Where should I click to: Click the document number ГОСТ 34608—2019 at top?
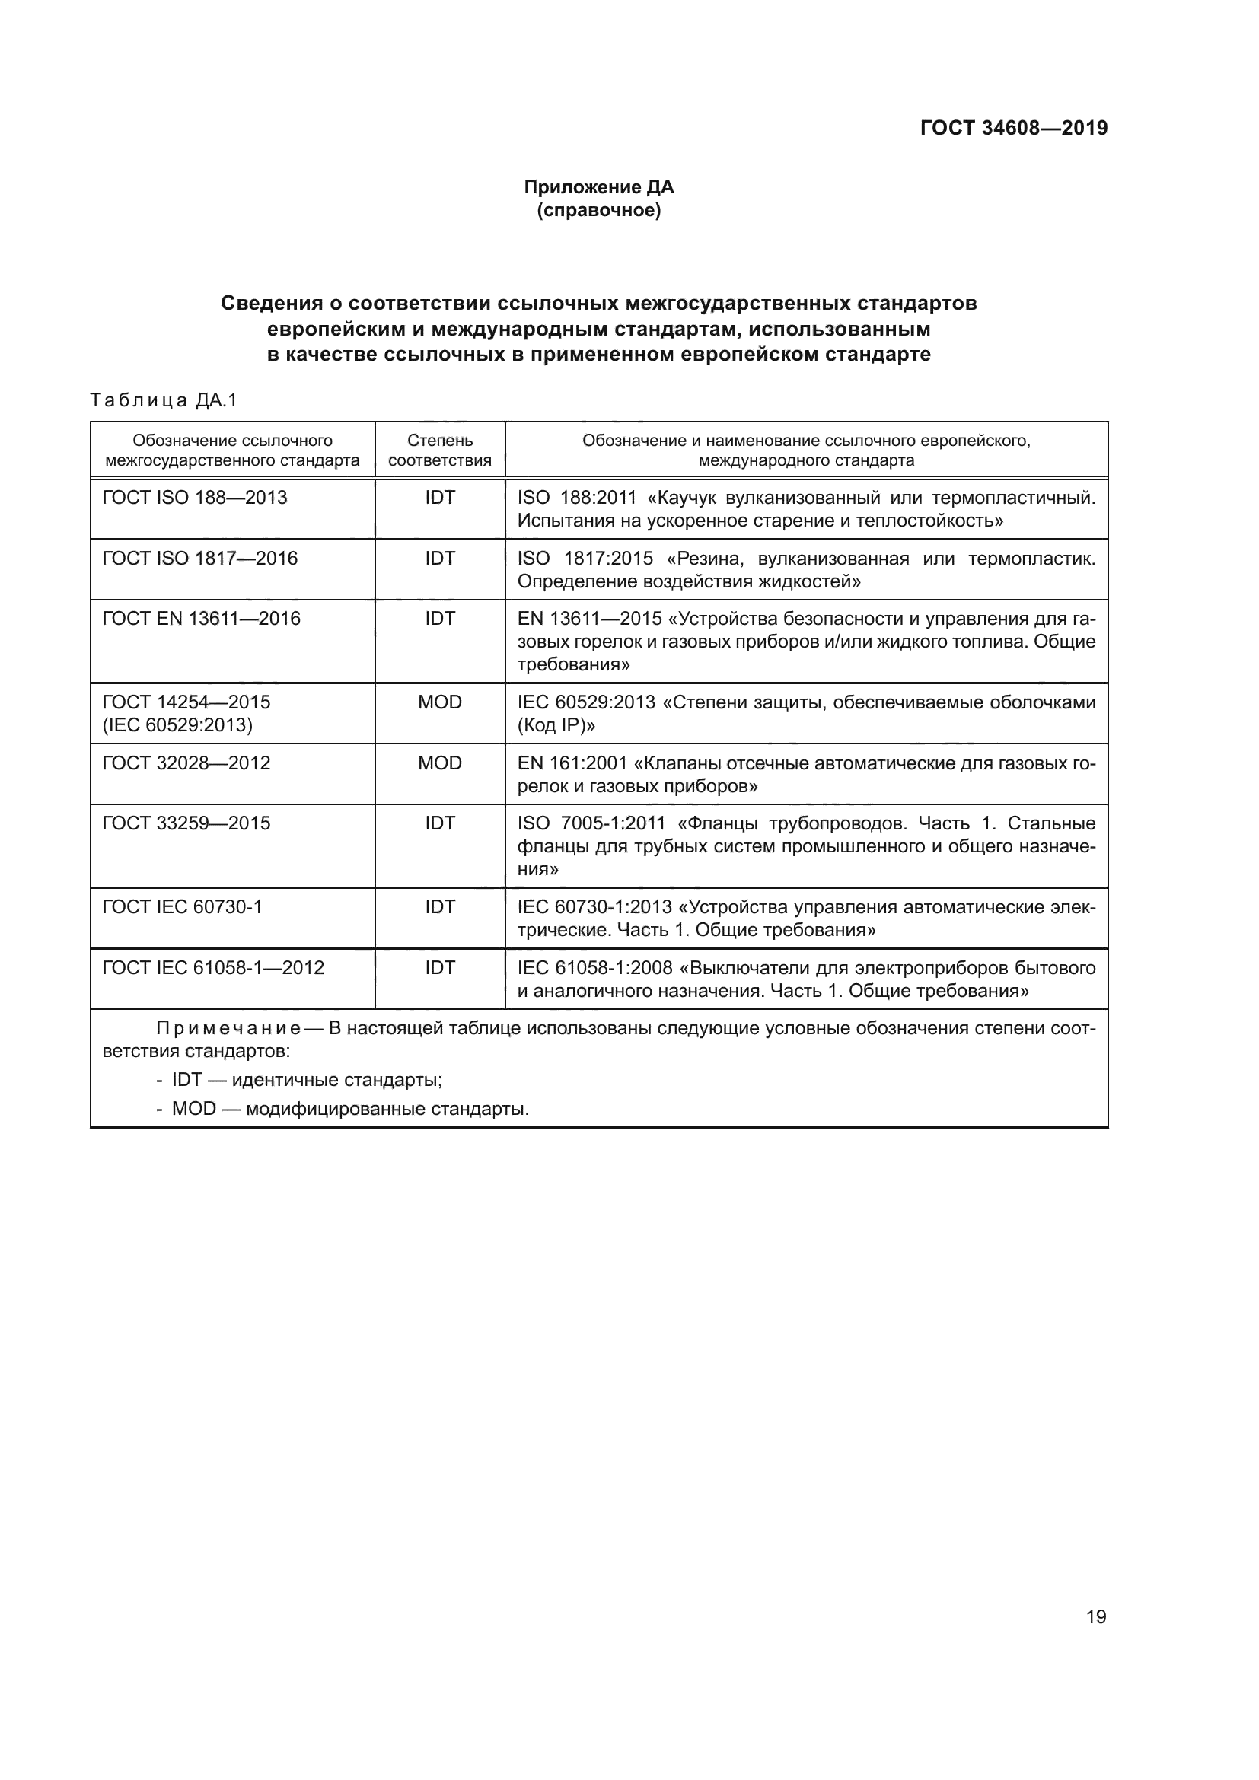pyautogui.click(x=1013, y=128)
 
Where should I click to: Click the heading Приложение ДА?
pyautogui.click(x=598, y=187)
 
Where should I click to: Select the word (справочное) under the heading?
pyautogui.click(x=598, y=210)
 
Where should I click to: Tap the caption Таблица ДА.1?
pyautogui.click(x=163, y=400)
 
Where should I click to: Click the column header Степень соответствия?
pyautogui.click(x=439, y=451)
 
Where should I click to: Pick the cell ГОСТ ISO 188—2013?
pyautogui.click(x=195, y=498)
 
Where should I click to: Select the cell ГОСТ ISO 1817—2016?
pyautogui.click(x=199, y=558)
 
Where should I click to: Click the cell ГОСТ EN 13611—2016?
pyautogui.click(x=201, y=619)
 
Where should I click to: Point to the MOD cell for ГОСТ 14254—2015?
pyautogui.click(x=439, y=702)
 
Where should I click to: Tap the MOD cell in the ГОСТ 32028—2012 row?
pyautogui.click(x=439, y=763)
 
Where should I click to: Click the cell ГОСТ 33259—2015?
pyautogui.click(x=186, y=823)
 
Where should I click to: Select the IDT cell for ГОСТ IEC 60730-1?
pyautogui.click(x=439, y=907)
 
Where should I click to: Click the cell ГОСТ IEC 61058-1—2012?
pyautogui.click(x=213, y=967)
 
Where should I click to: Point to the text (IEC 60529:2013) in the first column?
pyautogui.click(x=177, y=726)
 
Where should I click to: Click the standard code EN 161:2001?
pyautogui.click(x=572, y=763)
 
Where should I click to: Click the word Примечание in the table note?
pyautogui.click(x=228, y=1029)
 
